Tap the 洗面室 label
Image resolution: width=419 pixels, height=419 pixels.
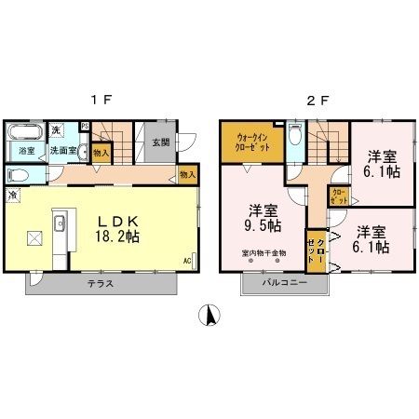click(x=62, y=149)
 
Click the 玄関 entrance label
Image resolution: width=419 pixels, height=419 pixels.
click(x=159, y=142)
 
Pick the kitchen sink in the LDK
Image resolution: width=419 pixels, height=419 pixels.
click(x=60, y=223)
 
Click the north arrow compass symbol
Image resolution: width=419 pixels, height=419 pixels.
click(x=209, y=317)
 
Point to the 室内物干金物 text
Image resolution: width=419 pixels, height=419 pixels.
click(x=264, y=253)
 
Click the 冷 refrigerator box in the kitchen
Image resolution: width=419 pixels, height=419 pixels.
click(x=14, y=196)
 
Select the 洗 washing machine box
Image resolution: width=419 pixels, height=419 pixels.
click(x=55, y=128)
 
